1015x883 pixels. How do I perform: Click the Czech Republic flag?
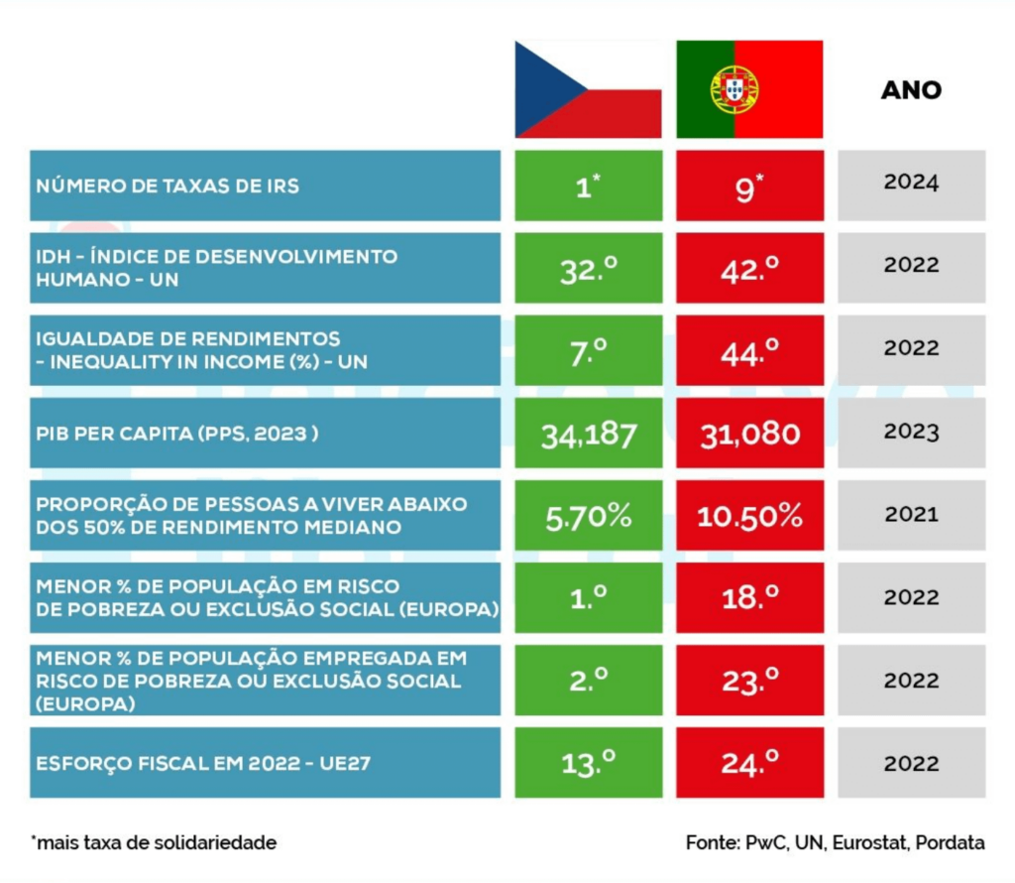[x=589, y=89]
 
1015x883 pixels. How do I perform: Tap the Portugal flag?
[x=749, y=89]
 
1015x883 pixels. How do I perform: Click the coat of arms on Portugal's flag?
[x=734, y=89]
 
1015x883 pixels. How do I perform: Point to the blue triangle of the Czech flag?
[x=544, y=89]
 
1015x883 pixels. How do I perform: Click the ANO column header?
[x=912, y=90]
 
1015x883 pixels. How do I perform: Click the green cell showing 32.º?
[x=589, y=268]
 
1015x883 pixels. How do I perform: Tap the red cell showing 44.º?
[x=749, y=350]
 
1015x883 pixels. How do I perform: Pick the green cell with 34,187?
[x=589, y=433]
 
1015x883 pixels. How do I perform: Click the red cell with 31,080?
[x=749, y=433]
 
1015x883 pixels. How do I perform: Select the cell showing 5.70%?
[x=589, y=516]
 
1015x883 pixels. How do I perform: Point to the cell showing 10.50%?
[x=749, y=516]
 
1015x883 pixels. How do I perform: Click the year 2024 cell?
[x=912, y=186]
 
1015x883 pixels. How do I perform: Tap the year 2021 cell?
[x=912, y=516]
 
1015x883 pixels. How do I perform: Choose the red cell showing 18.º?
[x=749, y=598]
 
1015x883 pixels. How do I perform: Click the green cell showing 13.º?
[x=589, y=763]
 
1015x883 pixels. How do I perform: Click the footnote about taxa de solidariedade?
[x=154, y=842]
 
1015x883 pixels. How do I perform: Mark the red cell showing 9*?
[x=749, y=186]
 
